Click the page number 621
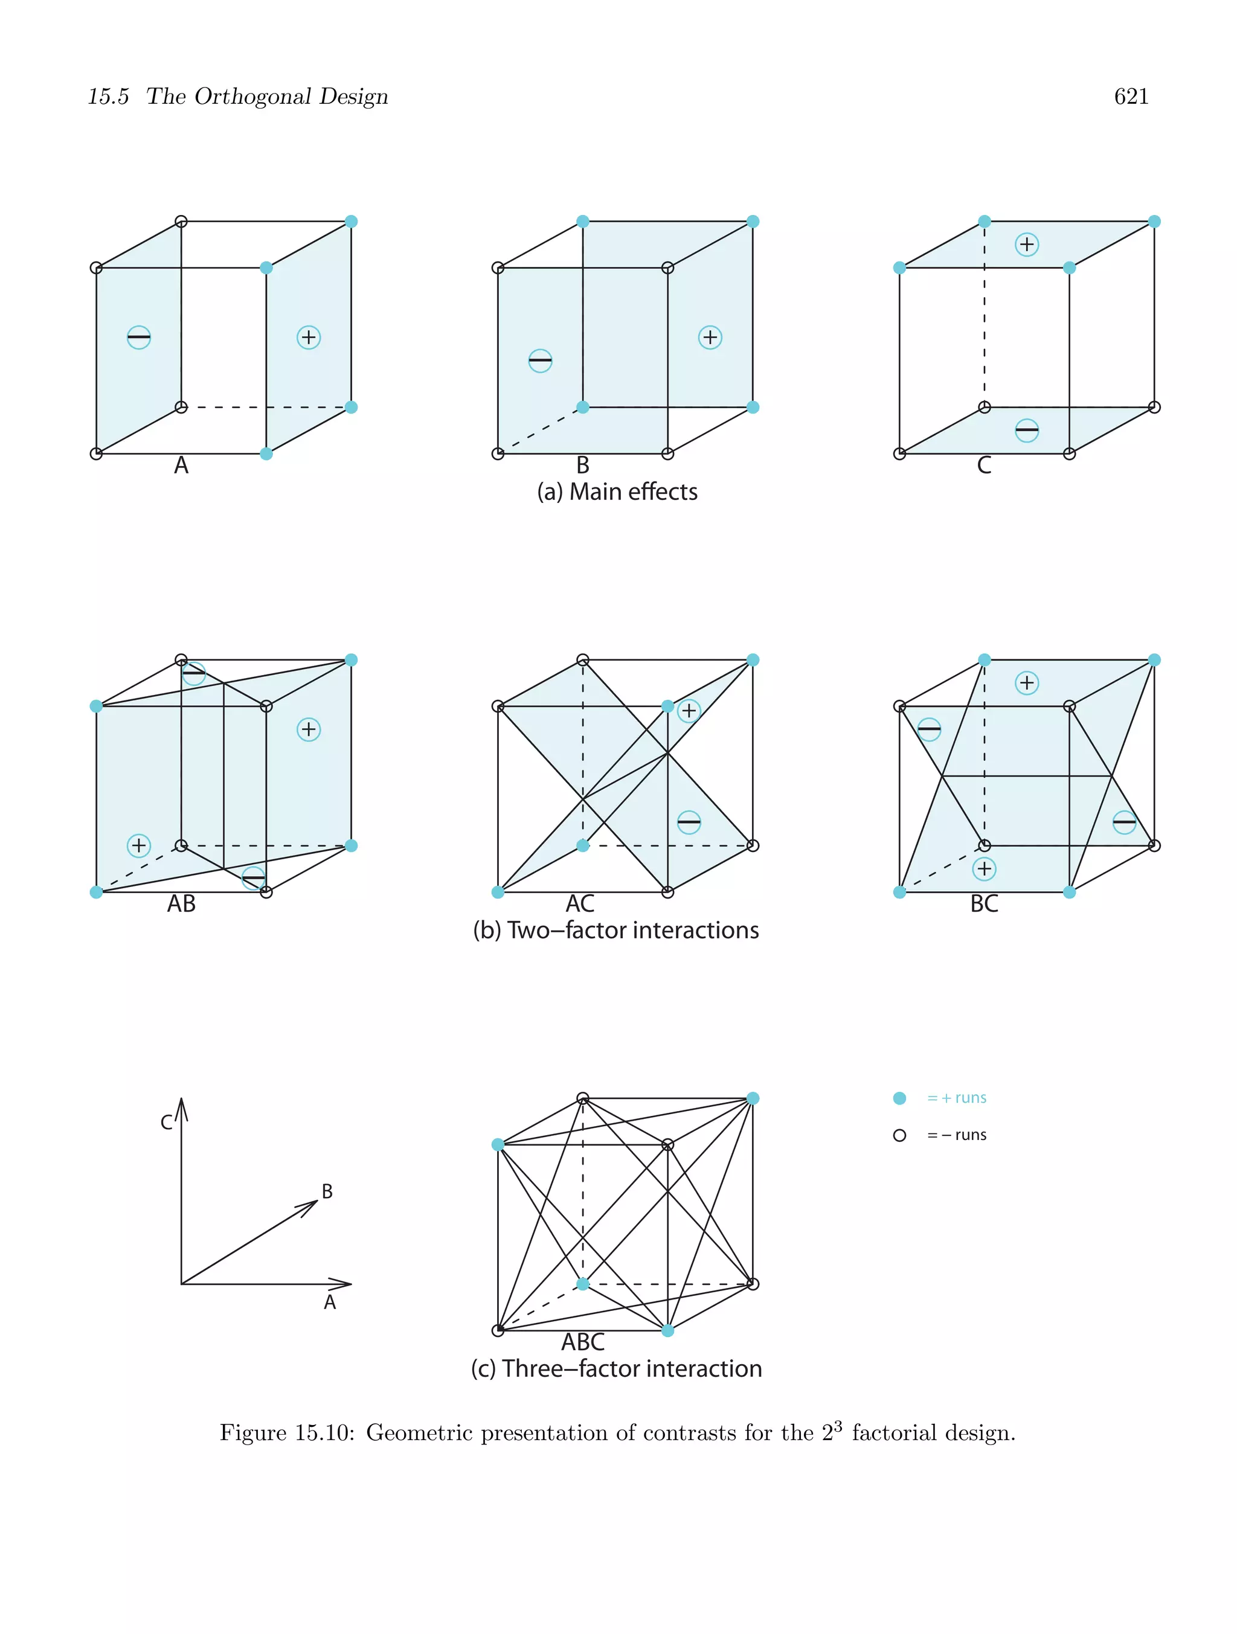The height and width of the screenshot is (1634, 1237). pyautogui.click(x=1131, y=97)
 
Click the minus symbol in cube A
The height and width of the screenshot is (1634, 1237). pyautogui.click(x=139, y=338)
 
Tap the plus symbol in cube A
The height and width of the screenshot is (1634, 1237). pyautogui.click(x=308, y=338)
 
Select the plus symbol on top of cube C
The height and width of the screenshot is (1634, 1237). pyautogui.click(x=1026, y=245)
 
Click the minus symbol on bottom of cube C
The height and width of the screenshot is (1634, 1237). pyautogui.click(x=1026, y=430)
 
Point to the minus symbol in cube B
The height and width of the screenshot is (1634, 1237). pyautogui.click(x=540, y=360)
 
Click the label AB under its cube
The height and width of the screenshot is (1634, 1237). pyautogui.click(x=181, y=903)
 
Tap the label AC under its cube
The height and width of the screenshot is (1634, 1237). pyautogui.click(x=580, y=903)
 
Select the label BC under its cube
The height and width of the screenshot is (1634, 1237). pyautogui.click(x=983, y=903)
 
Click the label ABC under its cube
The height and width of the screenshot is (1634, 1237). pyautogui.click(x=583, y=1342)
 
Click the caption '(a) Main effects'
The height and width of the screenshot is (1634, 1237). pyautogui.click(x=617, y=492)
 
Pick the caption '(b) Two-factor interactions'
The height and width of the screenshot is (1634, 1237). pyautogui.click(x=615, y=930)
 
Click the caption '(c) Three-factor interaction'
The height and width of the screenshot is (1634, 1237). pyautogui.click(x=615, y=1369)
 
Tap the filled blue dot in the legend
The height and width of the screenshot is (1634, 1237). pyautogui.click(x=899, y=1098)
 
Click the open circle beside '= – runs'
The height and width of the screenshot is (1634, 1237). pyautogui.click(x=899, y=1135)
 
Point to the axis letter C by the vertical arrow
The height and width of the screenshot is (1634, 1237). pyautogui.click(x=167, y=1123)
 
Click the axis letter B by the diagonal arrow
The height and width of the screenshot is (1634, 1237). pyautogui.click(x=327, y=1191)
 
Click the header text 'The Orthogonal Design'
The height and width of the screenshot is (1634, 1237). pyautogui.click(x=267, y=97)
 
